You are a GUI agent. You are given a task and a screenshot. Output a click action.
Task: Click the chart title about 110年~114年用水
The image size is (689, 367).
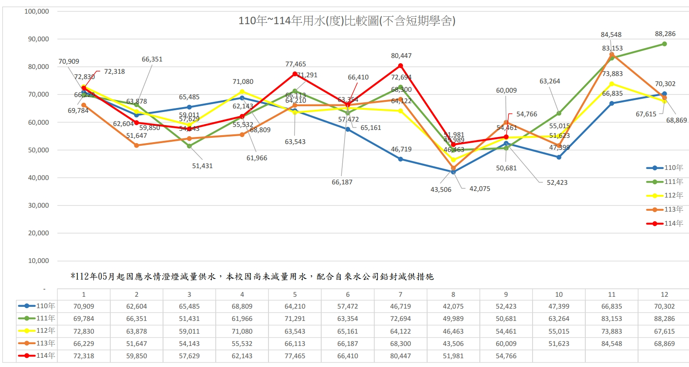point(347,21)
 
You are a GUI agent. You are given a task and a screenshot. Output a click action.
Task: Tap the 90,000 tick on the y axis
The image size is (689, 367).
point(36,39)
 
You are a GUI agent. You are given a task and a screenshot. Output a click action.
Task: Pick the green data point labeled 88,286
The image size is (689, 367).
point(664,44)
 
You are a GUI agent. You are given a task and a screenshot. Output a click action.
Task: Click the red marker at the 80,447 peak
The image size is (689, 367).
point(400,66)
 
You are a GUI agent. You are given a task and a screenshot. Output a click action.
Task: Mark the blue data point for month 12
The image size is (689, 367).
point(664,94)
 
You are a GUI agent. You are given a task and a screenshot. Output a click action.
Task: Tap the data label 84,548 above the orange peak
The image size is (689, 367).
point(611,35)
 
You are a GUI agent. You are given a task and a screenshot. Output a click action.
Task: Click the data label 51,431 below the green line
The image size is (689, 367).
point(202,166)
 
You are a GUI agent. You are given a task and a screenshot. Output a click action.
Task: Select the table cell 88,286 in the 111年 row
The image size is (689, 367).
point(664,319)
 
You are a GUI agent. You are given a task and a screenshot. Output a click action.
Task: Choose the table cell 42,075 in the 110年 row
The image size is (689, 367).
point(453,306)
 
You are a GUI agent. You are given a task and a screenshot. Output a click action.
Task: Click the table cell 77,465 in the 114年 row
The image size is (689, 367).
point(295,356)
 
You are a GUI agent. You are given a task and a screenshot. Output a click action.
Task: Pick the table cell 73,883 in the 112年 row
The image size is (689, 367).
point(612,331)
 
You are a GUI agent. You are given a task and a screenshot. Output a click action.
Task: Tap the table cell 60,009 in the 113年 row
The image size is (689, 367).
point(506,344)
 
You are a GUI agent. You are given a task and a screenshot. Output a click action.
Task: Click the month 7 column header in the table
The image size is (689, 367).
point(400,295)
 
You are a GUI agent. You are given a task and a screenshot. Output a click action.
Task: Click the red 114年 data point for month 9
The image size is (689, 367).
point(506,137)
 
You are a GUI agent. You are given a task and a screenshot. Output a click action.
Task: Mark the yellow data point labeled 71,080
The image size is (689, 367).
point(242,92)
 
